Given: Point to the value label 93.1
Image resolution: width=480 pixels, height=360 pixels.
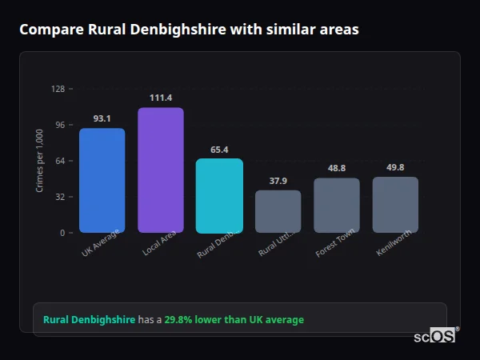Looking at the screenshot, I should pos(102,118).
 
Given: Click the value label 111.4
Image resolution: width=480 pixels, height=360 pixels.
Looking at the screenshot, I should pos(160,98).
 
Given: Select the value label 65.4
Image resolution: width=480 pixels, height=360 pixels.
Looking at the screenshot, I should pos(219,150).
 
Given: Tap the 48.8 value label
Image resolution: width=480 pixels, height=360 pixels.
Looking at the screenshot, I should pos(336,168).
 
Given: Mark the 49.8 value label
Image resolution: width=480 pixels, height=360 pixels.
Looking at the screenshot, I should pos(395,167).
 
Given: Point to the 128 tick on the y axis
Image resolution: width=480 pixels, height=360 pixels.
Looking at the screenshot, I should pos(58,89).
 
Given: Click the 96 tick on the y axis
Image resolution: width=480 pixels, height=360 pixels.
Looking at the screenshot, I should pos(59,125).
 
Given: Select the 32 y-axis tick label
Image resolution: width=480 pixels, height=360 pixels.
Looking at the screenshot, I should pos(59,197).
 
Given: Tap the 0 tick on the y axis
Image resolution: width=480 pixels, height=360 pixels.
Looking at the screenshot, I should pos(62,233).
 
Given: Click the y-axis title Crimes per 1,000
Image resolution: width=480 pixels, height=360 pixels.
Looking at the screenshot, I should pos(40,161).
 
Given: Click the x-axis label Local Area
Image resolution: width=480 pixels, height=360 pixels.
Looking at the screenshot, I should pos(159,244).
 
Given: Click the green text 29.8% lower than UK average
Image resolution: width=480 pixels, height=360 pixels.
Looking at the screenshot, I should pos(234,320).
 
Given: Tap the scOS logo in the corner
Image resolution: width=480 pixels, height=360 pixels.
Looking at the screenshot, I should pos(434,336).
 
